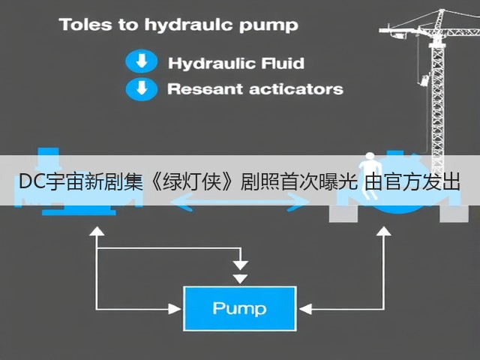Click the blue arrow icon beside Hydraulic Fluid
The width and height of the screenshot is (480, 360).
[x=142, y=61]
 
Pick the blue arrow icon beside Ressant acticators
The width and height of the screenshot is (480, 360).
[x=142, y=89]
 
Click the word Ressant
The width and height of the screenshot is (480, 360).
[x=205, y=89]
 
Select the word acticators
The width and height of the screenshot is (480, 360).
[x=296, y=89]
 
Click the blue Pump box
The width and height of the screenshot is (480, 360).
[x=240, y=308]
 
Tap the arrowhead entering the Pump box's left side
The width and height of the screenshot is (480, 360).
[x=175, y=309]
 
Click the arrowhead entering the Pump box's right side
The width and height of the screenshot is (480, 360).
[x=305, y=309]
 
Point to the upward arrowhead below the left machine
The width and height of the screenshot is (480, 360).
[x=97, y=231]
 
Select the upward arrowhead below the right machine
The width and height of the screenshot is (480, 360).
[x=383, y=231]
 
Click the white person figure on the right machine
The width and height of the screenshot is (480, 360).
[x=370, y=175]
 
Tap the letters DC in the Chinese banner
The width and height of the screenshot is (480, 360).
[x=32, y=181]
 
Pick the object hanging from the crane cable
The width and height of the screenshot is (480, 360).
[x=425, y=79]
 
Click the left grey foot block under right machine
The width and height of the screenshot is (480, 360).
[x=343, y=214]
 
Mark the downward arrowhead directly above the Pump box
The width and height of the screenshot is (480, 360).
[x=240, y=279]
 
